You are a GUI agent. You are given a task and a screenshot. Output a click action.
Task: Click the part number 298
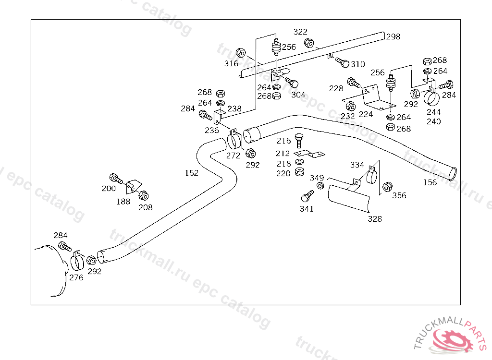click(393, 36)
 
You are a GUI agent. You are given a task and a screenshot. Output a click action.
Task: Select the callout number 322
click(300, 32)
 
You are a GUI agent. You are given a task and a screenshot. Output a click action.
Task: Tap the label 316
click(231, 63)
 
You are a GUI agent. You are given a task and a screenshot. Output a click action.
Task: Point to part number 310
click(357, 64)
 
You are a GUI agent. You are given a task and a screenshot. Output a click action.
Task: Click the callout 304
click(298, 95)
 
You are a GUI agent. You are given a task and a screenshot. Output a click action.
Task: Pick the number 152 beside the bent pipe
click(191, 173)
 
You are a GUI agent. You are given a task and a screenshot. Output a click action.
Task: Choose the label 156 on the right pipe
click(430, 182)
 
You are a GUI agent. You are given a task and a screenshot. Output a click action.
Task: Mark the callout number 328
click(375, 219)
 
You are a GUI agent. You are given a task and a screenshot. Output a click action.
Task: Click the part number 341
click(307, 209)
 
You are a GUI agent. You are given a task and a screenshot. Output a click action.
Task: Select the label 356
click(399, 195)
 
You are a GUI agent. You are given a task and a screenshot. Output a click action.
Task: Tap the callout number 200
click(109, 189)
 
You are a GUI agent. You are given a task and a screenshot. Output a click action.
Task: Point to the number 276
click(76, 277)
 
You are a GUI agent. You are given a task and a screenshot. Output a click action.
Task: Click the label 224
click(366, 115)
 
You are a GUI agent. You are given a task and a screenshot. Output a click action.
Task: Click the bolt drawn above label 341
click(306, 196)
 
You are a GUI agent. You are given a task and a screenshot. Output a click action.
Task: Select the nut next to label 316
click(241, 52)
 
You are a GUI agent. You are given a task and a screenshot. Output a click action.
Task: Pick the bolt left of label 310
click(342, 62)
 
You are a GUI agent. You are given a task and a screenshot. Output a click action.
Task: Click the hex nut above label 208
click(143, 195)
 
